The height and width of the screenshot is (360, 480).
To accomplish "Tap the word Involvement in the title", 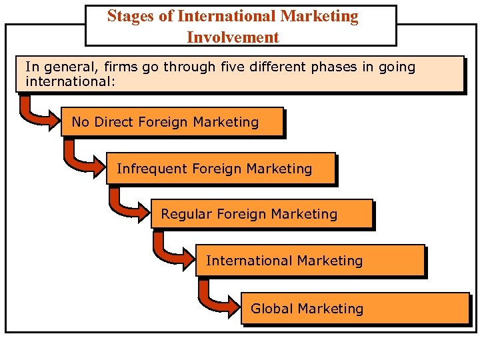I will point(233,37).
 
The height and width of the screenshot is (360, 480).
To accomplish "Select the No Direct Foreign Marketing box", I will point(172,122).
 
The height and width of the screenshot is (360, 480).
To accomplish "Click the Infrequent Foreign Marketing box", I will point(219,169).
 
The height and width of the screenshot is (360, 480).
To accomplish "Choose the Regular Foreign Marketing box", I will point(261,215).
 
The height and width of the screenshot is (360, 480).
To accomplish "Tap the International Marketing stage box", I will point(309,261).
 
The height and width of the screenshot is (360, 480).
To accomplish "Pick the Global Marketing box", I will point(355,309).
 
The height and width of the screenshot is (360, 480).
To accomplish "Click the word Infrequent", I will point(152,169).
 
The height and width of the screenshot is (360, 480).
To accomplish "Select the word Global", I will point(272,309).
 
